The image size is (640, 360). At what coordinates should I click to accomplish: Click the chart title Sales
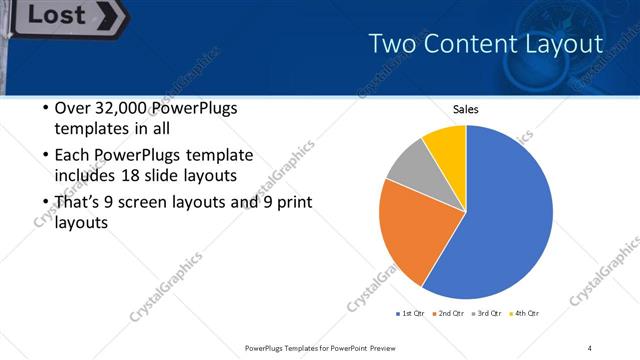coord(466,109)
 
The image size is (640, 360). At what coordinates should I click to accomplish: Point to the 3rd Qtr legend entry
coord(489,314)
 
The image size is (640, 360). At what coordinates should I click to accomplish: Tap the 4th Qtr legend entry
coord(527,314)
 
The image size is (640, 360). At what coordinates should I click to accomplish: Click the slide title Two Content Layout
coord(485,44)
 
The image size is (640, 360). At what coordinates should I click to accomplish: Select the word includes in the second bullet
coord(85,176)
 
